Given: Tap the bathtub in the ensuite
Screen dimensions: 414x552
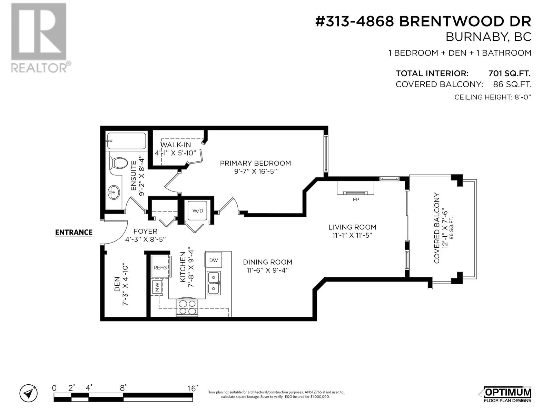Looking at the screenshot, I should tap(126, 141).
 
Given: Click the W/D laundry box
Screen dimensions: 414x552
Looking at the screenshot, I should tap(198, 210).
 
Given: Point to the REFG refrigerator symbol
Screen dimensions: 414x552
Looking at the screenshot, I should tap(160, 267).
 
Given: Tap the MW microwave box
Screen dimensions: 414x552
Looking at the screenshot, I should tap(158, 287).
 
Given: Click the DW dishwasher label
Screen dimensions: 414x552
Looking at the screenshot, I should tap(214, 260).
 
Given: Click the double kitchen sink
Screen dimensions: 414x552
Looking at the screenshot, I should tap(214, 283).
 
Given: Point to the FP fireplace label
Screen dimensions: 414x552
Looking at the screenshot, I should tap(356, 199).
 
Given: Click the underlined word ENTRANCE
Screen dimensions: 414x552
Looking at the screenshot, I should tap(74, 232).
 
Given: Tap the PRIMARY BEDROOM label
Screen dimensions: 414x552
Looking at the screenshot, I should tap(255, 163).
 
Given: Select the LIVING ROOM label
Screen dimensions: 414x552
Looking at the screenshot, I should tap(352, 227).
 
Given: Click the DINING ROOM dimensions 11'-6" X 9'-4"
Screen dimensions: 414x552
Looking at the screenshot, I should tap(267, 270).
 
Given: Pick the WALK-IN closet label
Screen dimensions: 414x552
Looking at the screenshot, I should tap(176, 145).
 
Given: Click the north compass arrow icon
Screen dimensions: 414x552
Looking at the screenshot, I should tap(28, 393).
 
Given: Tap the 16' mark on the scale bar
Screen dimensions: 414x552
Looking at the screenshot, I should tap(192, 388).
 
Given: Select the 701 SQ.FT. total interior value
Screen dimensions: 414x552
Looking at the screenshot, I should tap(509, 73).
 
